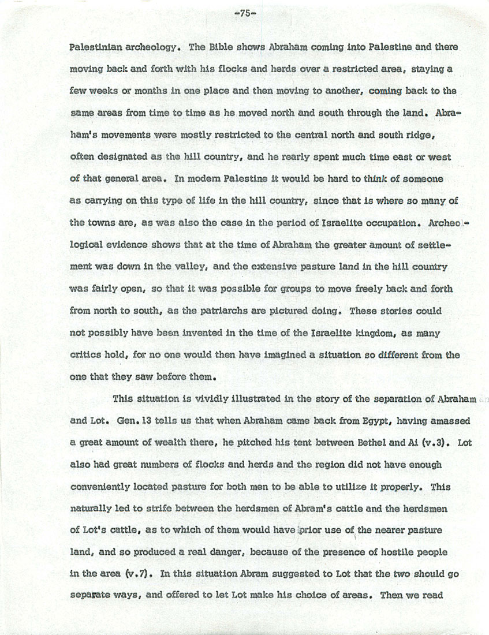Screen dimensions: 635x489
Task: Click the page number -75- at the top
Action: [244, 15]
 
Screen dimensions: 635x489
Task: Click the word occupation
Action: [385, 223]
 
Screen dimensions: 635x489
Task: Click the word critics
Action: [88, 356]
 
